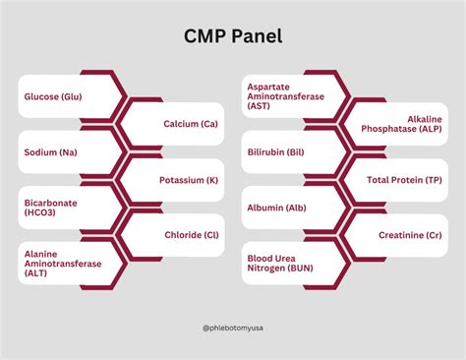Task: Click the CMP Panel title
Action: pos(232,36)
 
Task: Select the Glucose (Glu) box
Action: pos(54,96)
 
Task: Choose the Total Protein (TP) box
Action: pos(403,180)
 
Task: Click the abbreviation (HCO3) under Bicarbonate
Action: pos(42,214)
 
